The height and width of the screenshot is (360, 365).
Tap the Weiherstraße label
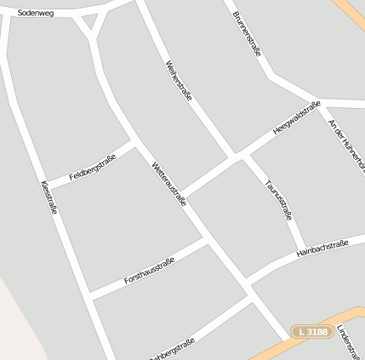[x=180, y=81]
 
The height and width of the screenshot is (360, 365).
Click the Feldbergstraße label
[x=92, y=167]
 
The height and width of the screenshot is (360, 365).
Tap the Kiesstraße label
[x=48, y=197]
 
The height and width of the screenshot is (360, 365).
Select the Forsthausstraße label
[x=149, y=271]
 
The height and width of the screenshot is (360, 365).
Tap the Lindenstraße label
[x=349, y=340]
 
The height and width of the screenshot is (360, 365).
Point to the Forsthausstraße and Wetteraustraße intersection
[x=209, y=241]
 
